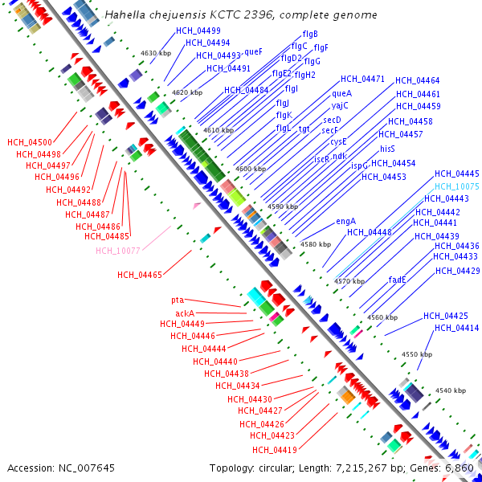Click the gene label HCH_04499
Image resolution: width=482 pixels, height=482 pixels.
pyautogui.click(x=198, y=31)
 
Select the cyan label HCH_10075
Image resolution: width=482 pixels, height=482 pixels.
pyautogui.click(x=457, y=186)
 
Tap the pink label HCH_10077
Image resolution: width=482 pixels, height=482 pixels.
pyautogui.click(x=118, y=251)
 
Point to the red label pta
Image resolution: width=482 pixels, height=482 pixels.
pyautogui.click(x=178, y=300)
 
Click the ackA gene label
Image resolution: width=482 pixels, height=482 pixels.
pyautogui.click(x=185, y=313)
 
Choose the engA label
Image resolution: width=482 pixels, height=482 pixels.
pyautogui.click(x=345, y=222)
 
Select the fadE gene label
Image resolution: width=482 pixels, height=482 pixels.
pyautogui.click(x=397, y=280)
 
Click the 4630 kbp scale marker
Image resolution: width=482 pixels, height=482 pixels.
pyautogui.click(x=156, y=53)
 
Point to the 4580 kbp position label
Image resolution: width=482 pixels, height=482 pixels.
pyautogui.click(x=316, y=244)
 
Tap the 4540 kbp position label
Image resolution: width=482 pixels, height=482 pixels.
pyautogui.click(x=451, y=390)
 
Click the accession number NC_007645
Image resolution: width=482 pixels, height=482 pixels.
pyautogui.click(x=87, y=468)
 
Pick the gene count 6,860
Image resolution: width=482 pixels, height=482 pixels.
pyautogui.click(x=458, y=468)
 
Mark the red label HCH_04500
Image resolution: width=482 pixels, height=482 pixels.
pyautogui.click(x=30, y=142)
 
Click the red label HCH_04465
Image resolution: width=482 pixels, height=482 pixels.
pyautogui.click(x=140, y=275)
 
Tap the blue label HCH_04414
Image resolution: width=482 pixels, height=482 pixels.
pyautogui.click(x=457, y=329)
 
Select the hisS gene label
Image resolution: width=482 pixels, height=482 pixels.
pyautogui.click(x=387, y=149)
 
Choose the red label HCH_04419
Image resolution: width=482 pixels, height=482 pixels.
pyautogui.click(x=275, y=450)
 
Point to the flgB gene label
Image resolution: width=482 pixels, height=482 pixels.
pyautogui.click(x=310, y=34)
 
